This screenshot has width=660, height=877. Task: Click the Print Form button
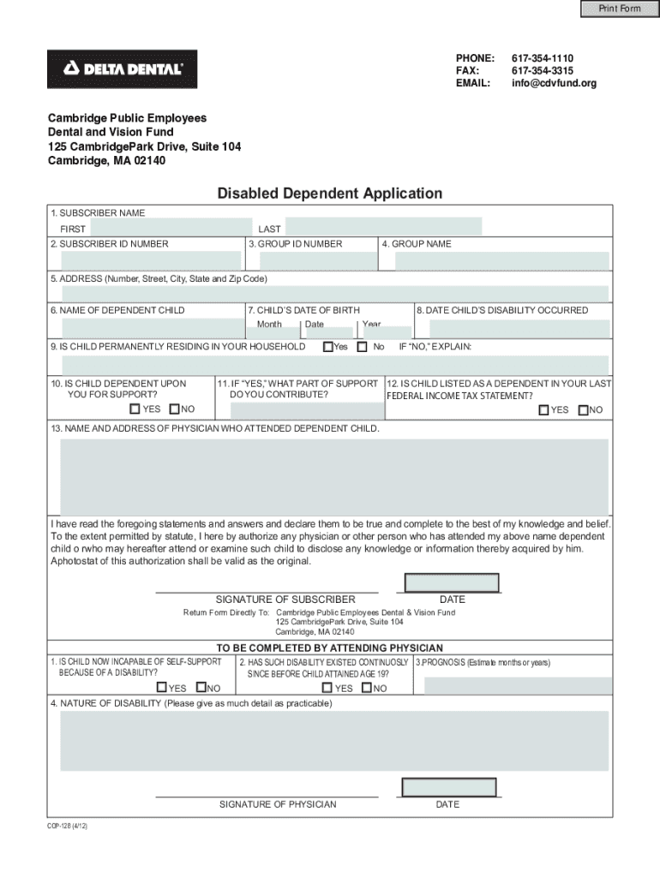point(618,9)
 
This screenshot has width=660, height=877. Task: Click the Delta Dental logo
point(122,69)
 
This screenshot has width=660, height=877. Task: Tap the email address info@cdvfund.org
point(554,83)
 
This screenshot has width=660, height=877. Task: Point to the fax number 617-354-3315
point(543,70)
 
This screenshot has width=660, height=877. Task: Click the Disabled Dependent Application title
point(329,194)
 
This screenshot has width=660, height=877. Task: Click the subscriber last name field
point(383,227)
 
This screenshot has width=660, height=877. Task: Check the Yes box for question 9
point(327,347)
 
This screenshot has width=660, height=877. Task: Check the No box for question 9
point(362,347)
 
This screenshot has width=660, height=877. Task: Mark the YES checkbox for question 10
point(135,409)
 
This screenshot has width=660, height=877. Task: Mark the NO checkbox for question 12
point(583,410)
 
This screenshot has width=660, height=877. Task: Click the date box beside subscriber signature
point(451,582)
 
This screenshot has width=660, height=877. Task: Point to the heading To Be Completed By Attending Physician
point(329,647)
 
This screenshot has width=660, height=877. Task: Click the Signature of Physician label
point(278,804)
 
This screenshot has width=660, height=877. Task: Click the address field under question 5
point(334,294)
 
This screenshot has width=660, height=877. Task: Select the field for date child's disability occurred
point(513,328)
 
